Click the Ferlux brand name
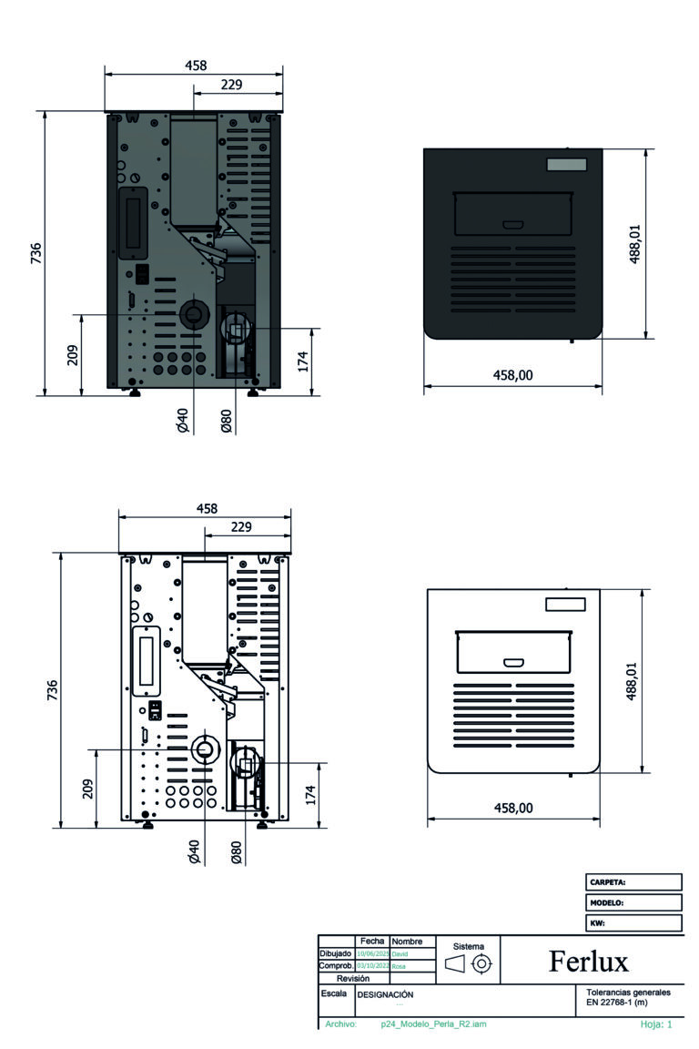click(x=589, y=961)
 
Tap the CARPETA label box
click(x=608, y=882)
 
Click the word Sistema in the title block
click(x=469, y=946)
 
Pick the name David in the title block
click(x=401, y=953)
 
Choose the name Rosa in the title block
click(x=399, y=966)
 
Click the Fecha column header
click(x=371, y=941)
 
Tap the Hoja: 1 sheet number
click(x=655, y=1024)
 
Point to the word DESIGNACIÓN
click(x=385, y=995)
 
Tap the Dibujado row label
click(x=336, y=953)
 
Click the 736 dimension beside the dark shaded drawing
click(x=35, y=252)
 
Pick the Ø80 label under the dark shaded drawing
click(x=227, y=420)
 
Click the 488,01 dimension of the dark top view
click(x=635, y=243)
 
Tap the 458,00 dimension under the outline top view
click(x=512, y=808)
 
